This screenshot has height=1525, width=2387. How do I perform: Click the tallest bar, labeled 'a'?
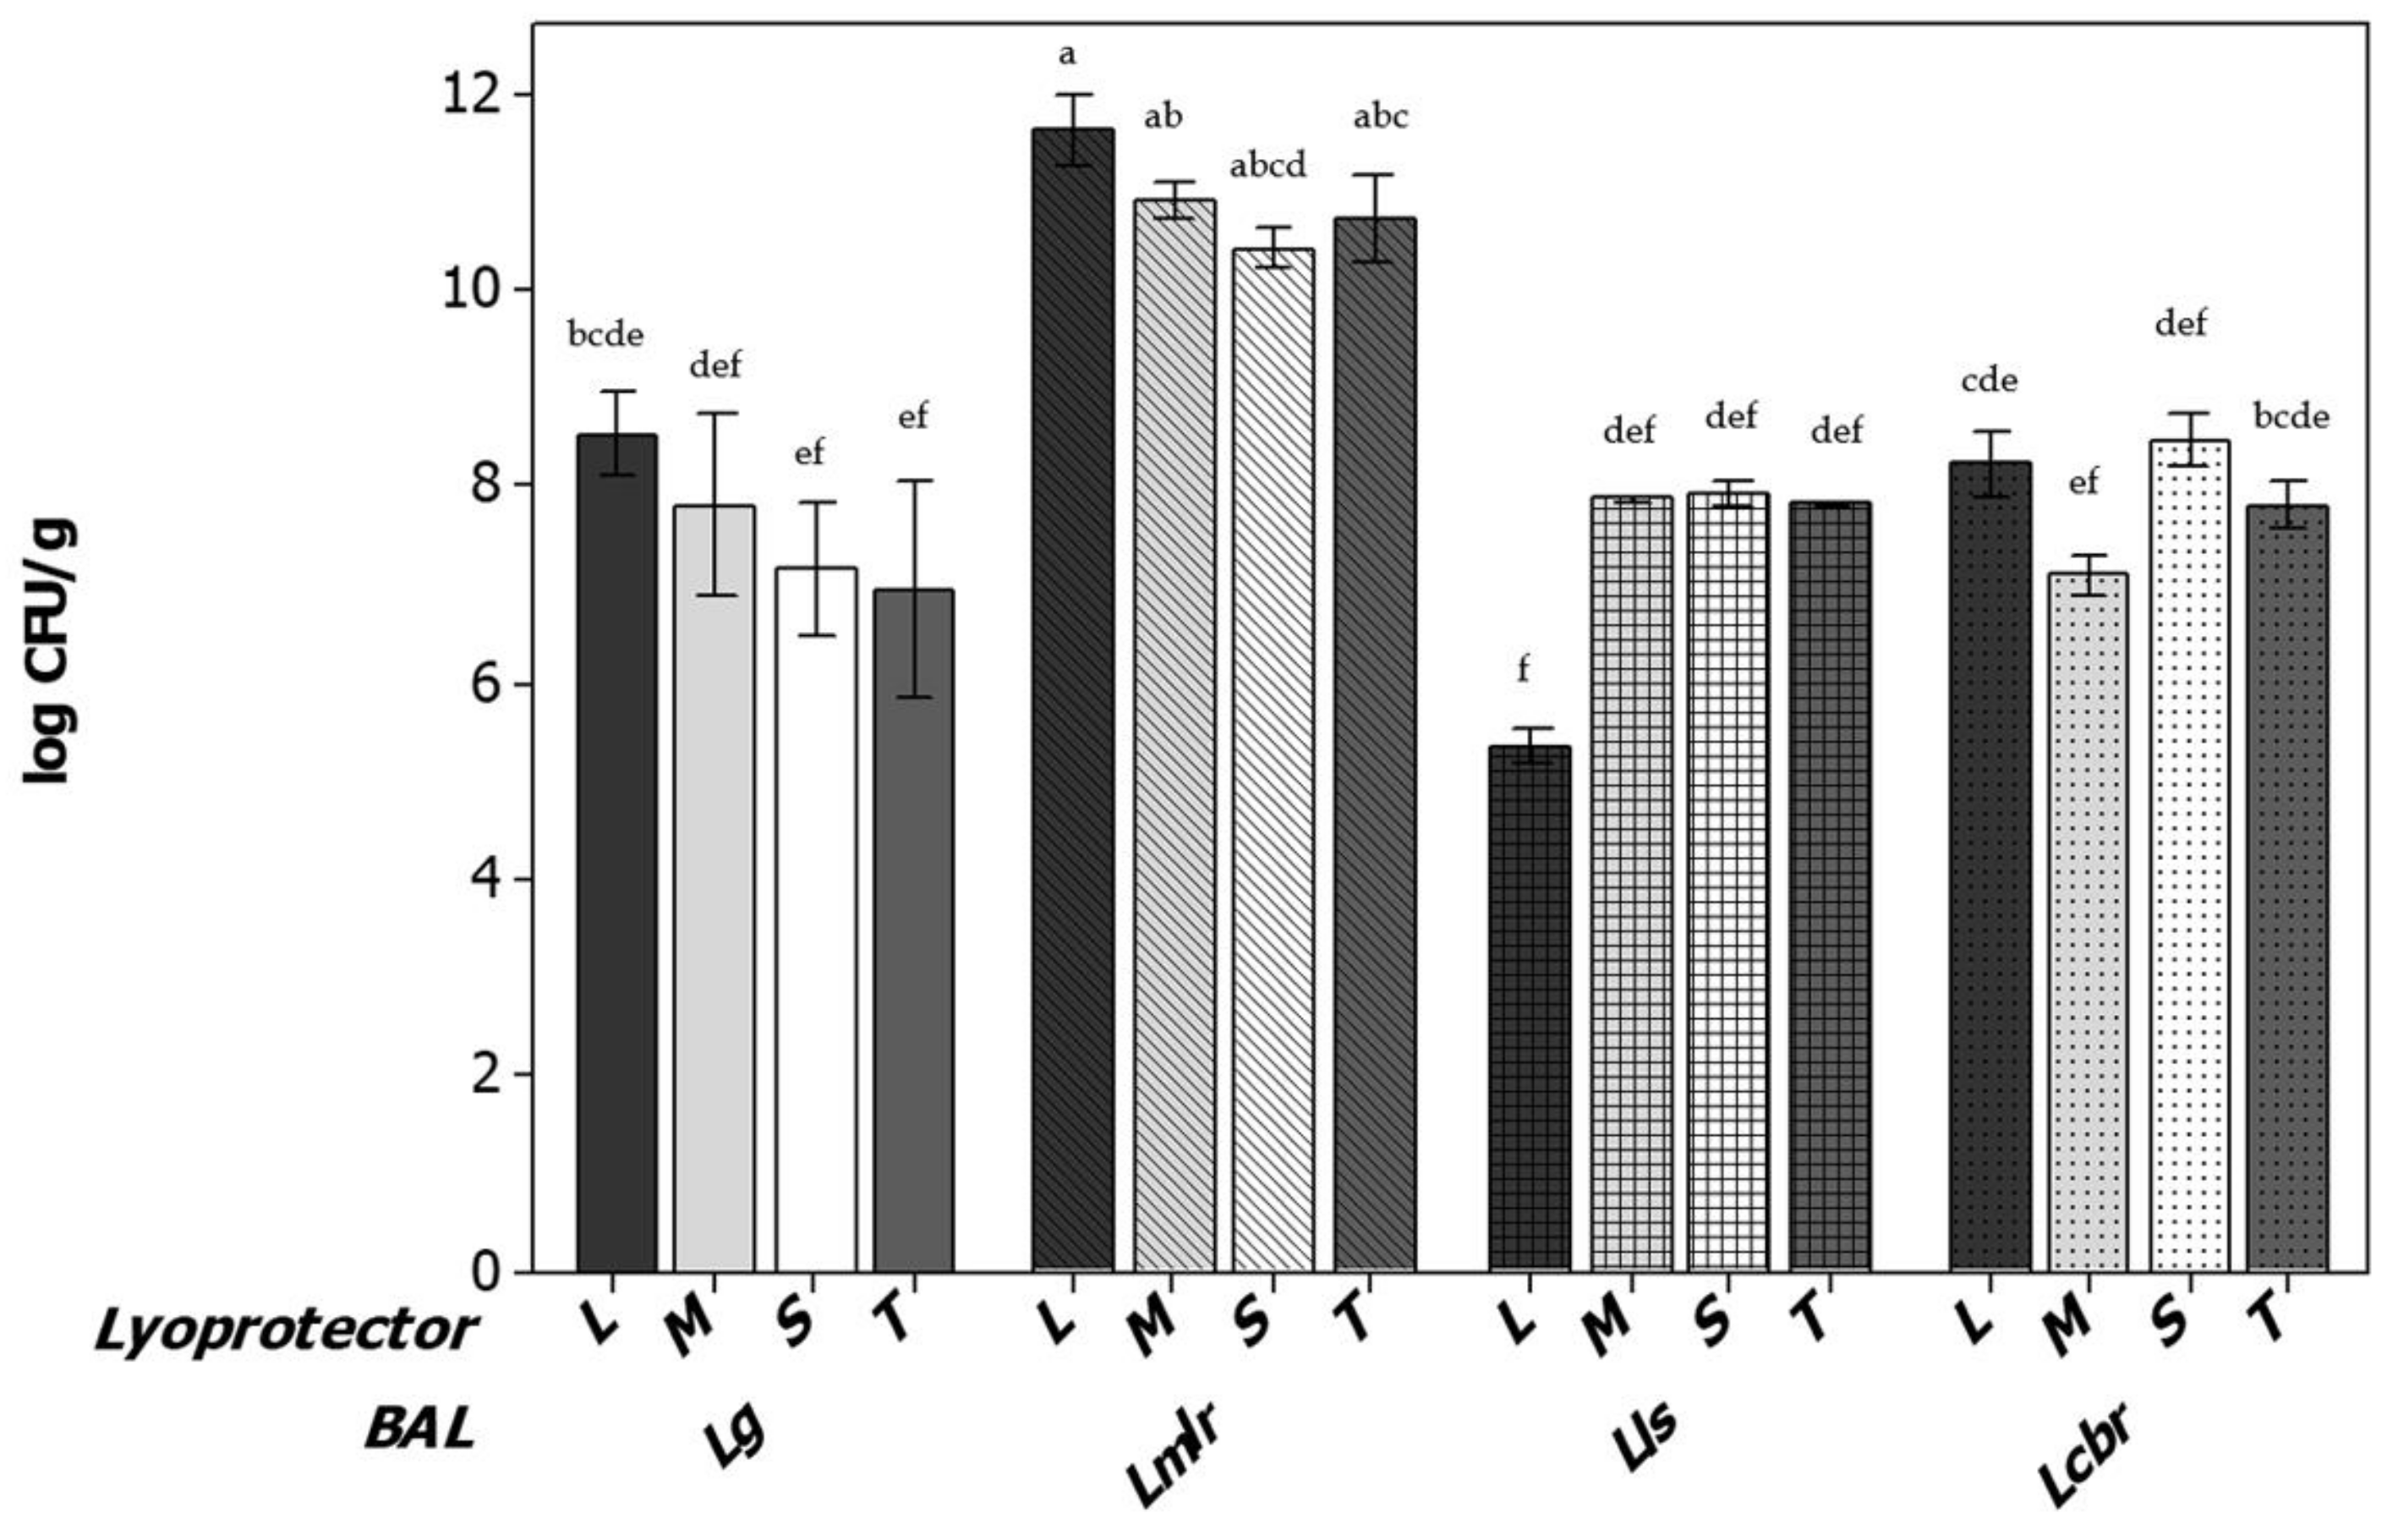point(1072,694)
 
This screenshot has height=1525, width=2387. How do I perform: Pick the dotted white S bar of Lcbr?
point(2190,853)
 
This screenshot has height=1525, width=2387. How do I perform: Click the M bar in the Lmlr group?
point(1174,734)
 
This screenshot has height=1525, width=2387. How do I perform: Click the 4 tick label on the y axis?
point(485,880)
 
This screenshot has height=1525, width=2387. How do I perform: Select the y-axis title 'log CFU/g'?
point(47,650)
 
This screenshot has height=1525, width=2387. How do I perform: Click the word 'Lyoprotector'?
point(286,1330)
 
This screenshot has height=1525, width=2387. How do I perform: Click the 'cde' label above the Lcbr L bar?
point(1989,380)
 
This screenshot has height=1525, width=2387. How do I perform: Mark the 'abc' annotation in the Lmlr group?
point(1380,117)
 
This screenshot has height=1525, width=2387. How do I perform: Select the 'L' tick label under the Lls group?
point(1517,1322)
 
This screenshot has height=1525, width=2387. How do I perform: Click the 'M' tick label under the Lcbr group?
point(2072,1325)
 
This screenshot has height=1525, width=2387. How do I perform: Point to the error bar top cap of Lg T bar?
point(915,481)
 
